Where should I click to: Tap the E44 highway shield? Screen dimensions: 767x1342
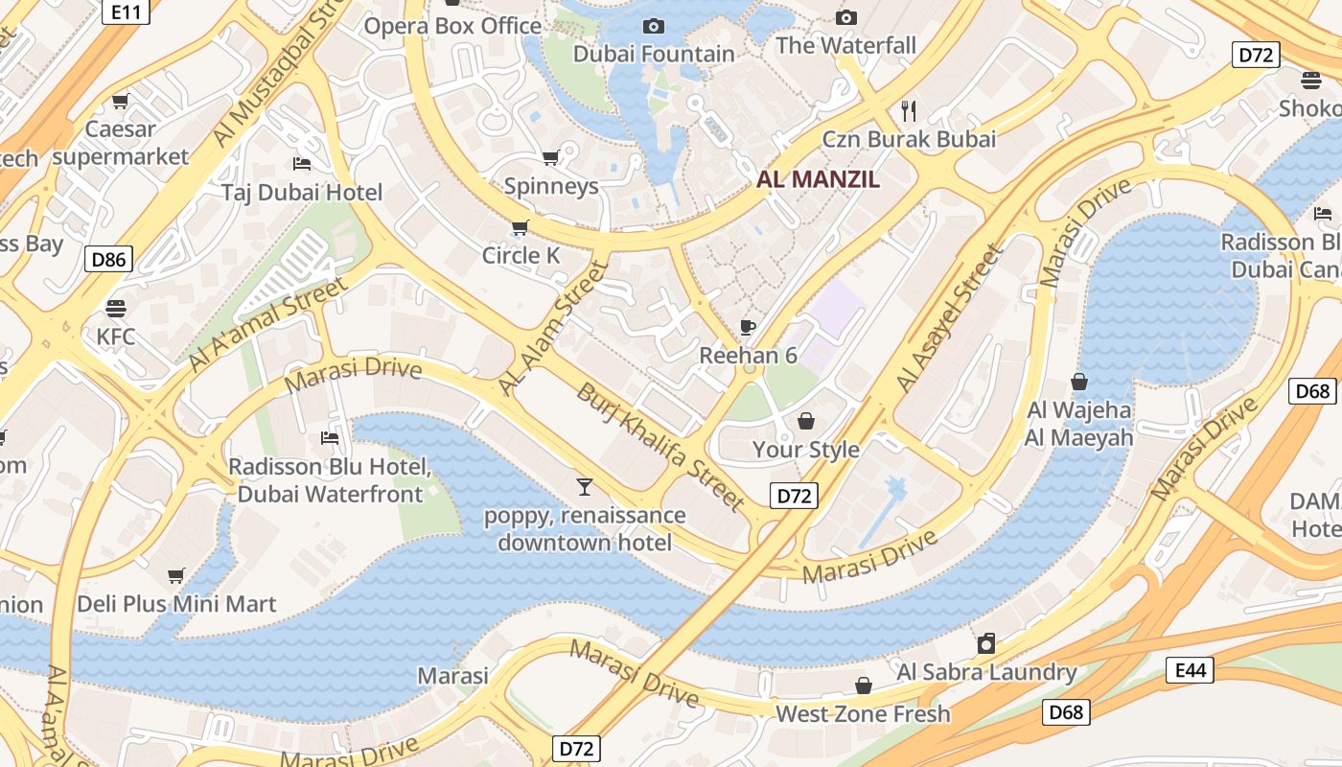[x=1190, y=670]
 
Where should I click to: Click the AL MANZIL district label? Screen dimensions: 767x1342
[x=818, y=178]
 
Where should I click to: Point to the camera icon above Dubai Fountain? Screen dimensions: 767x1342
[x=654, y=26]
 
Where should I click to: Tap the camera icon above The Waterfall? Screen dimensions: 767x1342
[x=845, y=17]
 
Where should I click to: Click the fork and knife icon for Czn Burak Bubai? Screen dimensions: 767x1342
[x=909, y=111]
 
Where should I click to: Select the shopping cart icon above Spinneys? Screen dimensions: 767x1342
[x=551, y=157]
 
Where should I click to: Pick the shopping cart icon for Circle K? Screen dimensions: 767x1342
[x=520, y=227]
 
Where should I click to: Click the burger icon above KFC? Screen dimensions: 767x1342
[x=116, y=308]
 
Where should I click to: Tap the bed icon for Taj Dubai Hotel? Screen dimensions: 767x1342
[x=302, y=164]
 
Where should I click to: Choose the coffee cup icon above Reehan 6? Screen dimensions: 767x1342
[x=748, y=327]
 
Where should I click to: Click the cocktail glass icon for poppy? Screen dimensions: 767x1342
[x=584, y=487]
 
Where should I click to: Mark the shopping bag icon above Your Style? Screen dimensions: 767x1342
[x=805, y=421]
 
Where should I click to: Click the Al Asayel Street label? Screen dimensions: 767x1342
[x=949, y=318]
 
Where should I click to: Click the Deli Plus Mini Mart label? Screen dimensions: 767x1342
[x=176, y=604]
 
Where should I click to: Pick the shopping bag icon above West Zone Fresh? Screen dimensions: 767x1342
[x=863, y=686]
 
